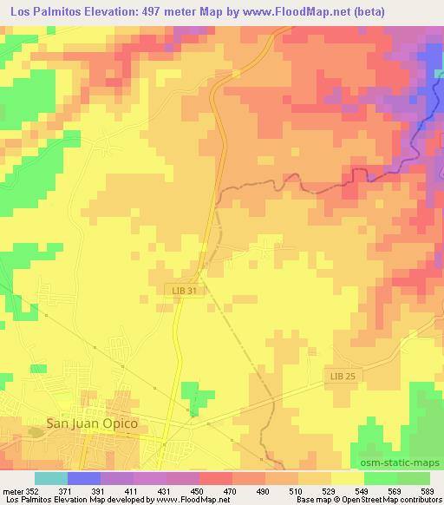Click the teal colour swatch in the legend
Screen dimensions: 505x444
point(50,478)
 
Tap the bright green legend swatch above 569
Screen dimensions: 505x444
point(381,478)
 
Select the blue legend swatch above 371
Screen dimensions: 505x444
point(83,478)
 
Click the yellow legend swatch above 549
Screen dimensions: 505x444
point(348,478)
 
